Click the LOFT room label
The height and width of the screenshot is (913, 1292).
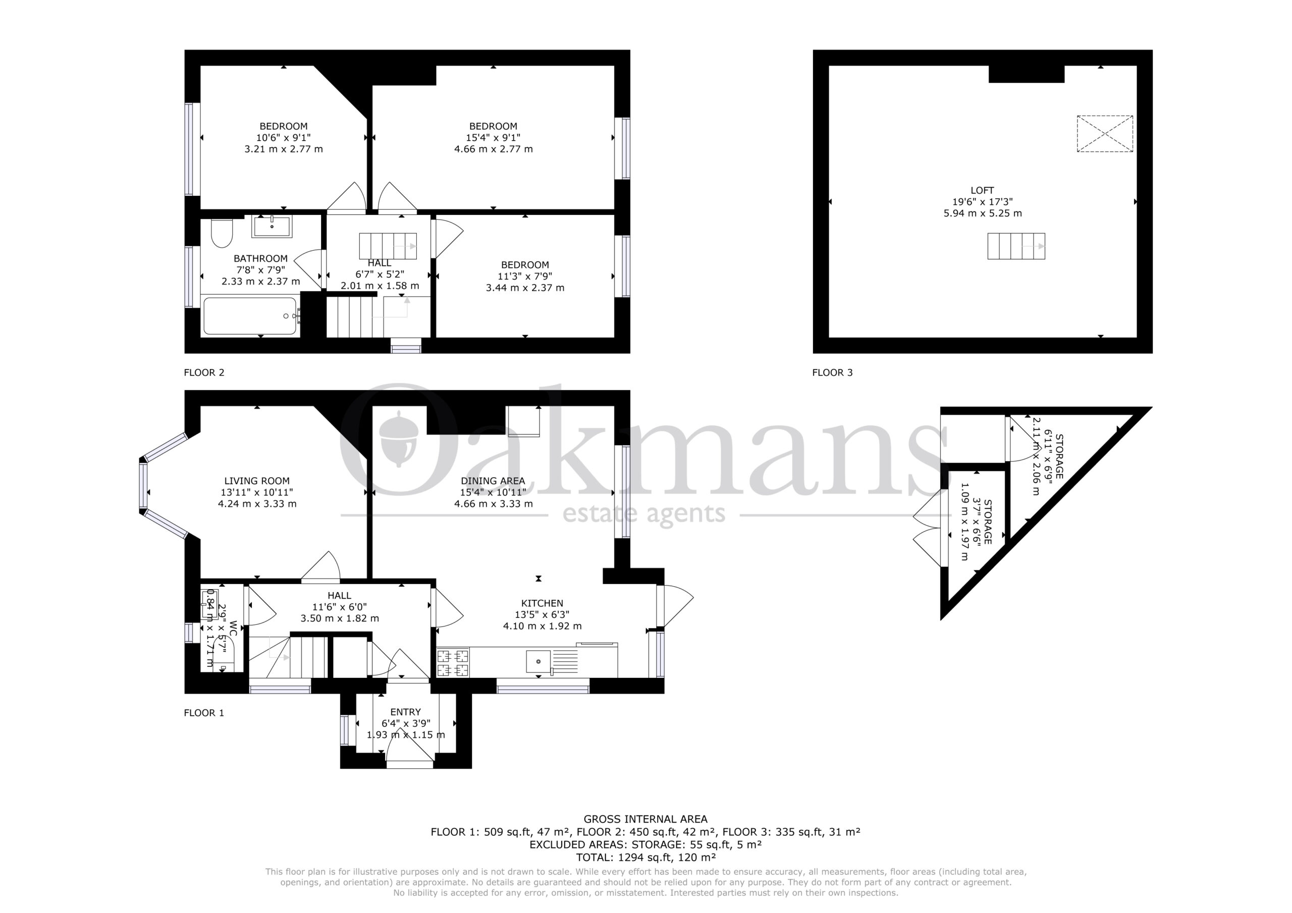982,190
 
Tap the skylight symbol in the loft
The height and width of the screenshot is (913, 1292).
1105,134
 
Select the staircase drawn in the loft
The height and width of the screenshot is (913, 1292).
1016,246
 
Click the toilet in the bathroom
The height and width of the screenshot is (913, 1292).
222,233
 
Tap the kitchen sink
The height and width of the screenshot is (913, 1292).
539,661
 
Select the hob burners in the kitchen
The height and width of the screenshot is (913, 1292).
453,663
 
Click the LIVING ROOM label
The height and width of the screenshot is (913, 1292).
257,481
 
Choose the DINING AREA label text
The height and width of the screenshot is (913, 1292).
493,481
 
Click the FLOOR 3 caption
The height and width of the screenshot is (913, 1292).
832,372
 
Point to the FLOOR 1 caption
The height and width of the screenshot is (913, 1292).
204,713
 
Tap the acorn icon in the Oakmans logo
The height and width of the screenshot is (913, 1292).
398,439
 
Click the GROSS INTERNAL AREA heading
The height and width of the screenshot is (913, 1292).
645,819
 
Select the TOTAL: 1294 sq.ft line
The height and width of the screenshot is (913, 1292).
645,858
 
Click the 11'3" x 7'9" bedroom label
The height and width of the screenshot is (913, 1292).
525,276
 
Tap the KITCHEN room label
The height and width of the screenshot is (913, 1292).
543,603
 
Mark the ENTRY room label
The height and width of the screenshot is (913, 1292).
406,712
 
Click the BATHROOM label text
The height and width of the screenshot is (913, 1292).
260,258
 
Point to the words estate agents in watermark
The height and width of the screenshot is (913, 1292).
644,513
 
